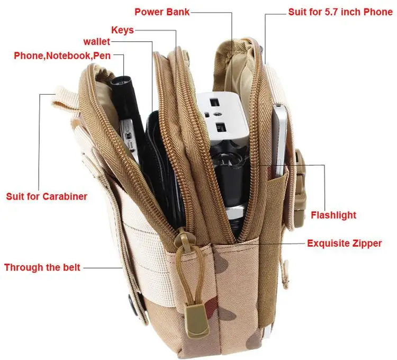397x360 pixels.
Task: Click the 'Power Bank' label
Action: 161,12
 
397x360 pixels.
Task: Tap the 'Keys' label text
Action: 122,30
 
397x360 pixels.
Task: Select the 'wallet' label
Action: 97,42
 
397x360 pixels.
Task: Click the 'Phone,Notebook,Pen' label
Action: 62,55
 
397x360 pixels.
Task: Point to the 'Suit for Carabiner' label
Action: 47,196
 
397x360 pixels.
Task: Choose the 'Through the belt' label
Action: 42,267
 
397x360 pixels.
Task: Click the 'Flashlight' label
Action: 333,215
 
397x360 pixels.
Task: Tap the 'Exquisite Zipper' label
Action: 345,244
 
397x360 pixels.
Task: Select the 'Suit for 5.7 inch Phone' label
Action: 340,12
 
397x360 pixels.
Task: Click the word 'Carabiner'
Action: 65,196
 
